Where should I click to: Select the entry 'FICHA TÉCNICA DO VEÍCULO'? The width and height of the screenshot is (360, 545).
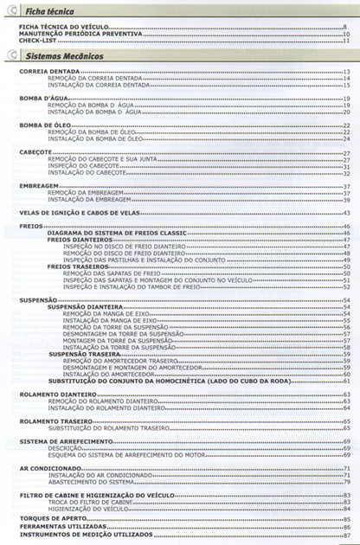pyautogui.click(x=61, y=28)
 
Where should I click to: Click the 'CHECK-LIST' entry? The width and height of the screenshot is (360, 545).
pyautogui.click(x=37, y=40)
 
